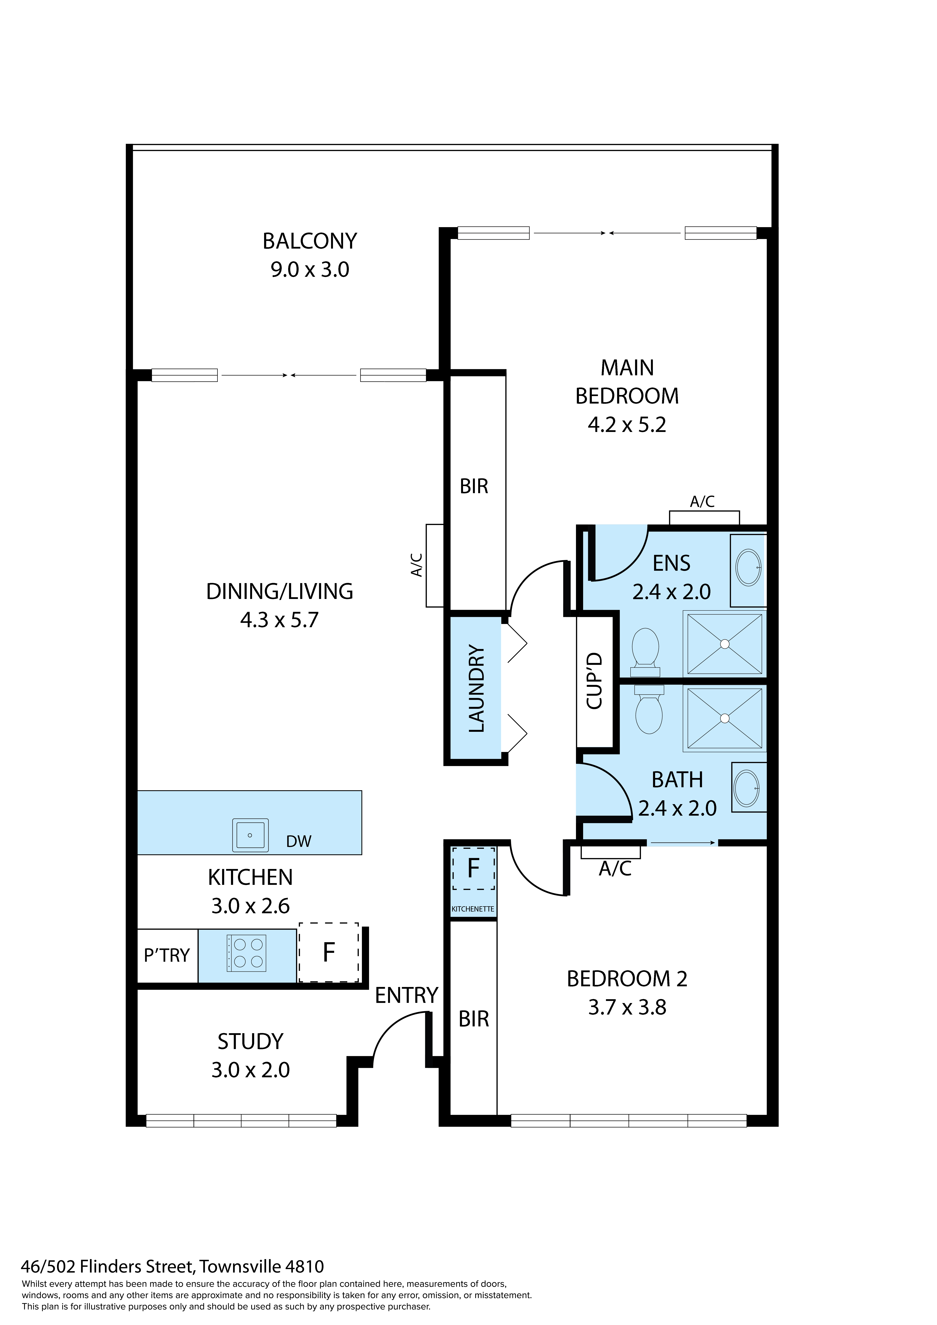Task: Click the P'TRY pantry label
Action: (167, 956)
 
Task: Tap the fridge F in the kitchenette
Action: (473, 868)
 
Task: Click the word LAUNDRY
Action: (477, 688)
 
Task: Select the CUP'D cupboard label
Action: (594, 681)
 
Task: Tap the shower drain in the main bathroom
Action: (725, 719)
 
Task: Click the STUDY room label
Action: (250, 1042)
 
